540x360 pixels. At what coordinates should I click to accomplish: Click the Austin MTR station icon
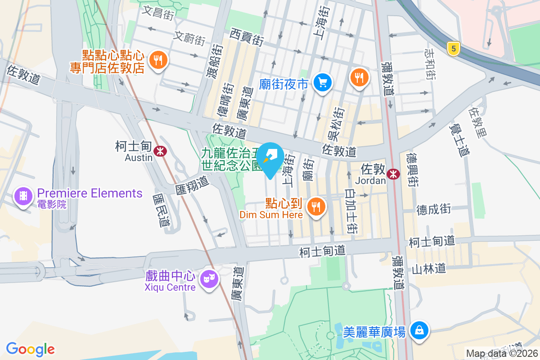tap(159, 151)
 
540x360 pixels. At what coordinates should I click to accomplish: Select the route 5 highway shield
tap(453, 49)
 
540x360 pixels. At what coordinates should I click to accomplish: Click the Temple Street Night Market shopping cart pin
tap(323, 82)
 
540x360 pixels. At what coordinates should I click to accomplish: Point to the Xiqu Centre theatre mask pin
tap(209, 279)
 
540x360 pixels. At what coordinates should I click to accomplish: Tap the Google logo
tap(31, 349)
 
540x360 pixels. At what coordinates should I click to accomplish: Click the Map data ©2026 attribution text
tap(502, 353)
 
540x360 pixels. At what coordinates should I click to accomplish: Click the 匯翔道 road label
tap(192, 182)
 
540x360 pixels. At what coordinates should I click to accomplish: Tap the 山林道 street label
tap(429, 269)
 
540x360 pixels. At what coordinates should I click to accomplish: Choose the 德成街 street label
tap(433, 209)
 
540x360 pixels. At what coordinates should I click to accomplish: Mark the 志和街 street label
tap(430, 64)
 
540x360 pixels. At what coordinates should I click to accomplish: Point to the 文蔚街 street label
tap(189, 38)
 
